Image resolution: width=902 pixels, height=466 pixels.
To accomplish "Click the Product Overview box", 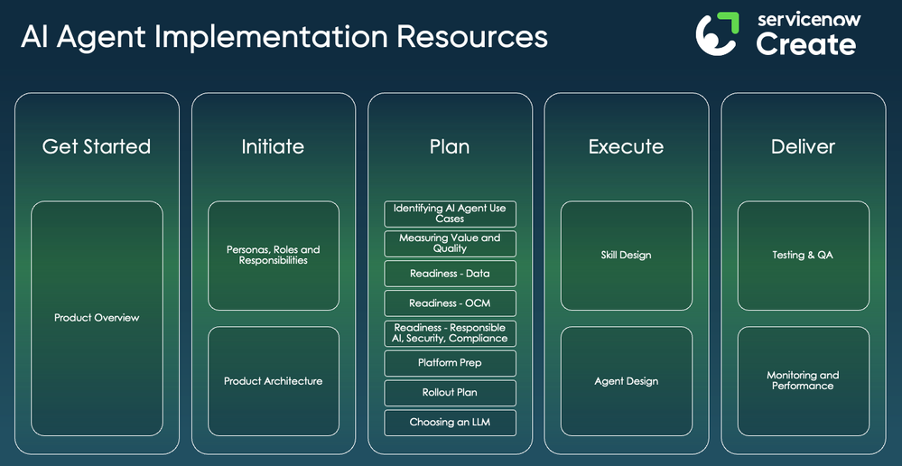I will coord(97,318).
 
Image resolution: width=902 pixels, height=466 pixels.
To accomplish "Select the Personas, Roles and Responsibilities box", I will coord(273,256).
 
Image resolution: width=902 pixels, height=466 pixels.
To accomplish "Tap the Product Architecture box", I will coord(273,381).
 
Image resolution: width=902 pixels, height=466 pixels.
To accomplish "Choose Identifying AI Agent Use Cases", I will coord(450,214).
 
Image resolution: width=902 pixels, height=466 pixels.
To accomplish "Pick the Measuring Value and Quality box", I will coord(450,244).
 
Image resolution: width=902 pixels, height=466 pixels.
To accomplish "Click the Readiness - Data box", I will coord(450,274).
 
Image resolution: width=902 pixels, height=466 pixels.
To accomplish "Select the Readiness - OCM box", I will coord(450,303).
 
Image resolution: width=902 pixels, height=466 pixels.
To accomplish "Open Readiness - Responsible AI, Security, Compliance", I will coord(450,333).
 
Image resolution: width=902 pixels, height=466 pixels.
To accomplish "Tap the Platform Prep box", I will coord(450,363).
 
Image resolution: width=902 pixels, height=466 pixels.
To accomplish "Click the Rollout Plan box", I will coord(450,393).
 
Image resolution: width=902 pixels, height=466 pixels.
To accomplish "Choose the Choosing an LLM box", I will coord(450,423).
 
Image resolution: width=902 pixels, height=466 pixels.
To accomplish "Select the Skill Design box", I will coord(626,256).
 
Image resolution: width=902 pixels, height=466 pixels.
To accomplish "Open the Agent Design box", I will coord(626,381).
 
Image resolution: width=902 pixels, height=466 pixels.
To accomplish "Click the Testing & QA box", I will coord(803,256).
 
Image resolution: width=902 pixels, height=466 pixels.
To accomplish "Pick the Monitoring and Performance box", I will coord(803,381).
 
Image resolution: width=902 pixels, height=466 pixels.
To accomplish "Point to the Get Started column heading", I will coord(97,146).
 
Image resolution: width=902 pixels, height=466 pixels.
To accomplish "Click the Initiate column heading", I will coord(273,146).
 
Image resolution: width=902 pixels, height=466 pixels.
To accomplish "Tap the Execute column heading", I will coord(626,146).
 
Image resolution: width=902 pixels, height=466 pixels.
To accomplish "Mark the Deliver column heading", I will coord(803,146).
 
